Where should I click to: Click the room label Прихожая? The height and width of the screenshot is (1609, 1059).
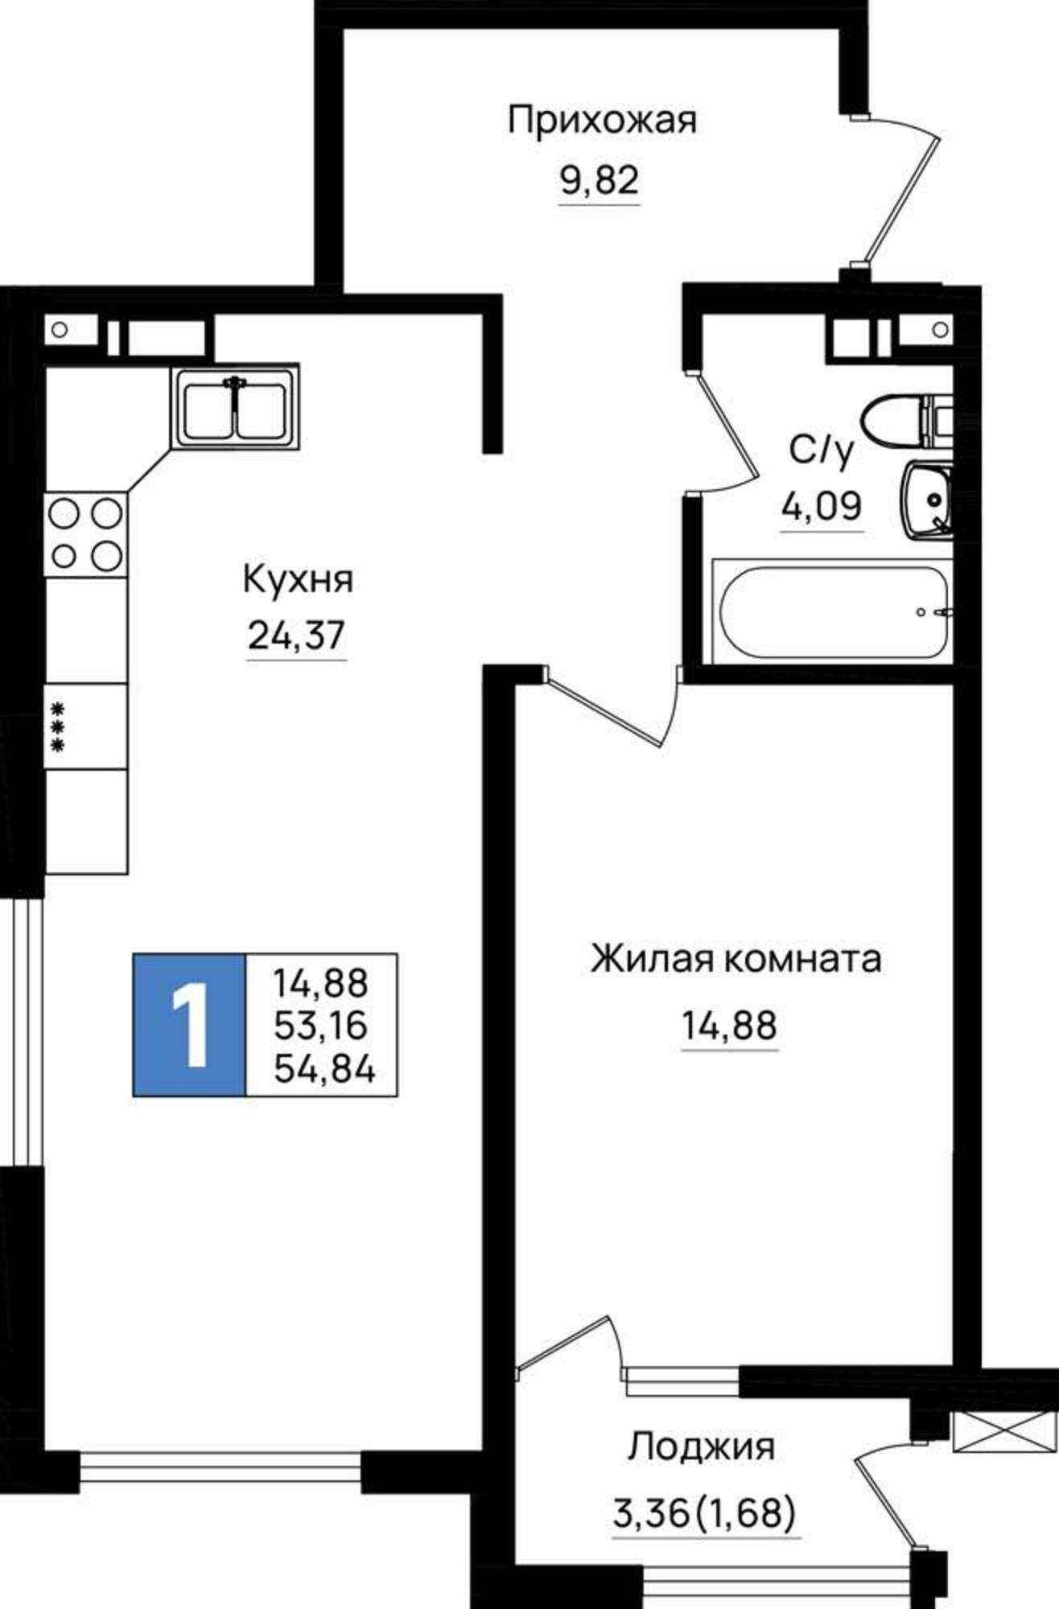tap(602, 121)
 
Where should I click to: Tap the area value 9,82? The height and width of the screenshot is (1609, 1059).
tap(600, 182)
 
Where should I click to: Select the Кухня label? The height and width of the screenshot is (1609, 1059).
tap(298, 579)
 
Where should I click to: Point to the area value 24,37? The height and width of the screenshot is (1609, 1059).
tap(296, 636)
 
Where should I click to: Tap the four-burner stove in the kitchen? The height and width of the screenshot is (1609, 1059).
tap(86, 533)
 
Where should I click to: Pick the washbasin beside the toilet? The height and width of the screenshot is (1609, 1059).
tap(927, 498)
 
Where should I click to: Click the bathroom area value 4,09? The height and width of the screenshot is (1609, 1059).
tap(822, 507)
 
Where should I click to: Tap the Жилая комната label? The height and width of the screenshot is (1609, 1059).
tap(736, 960)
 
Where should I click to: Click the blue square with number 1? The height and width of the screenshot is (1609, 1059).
tap(189, 1025)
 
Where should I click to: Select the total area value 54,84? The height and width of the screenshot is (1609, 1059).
tap(324, 1069)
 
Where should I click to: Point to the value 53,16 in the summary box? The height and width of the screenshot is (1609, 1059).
tap(320, 1026)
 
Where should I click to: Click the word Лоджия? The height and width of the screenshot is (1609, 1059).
tap(701, 1446)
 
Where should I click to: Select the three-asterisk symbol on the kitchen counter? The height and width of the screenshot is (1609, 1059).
tap(57, 727)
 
